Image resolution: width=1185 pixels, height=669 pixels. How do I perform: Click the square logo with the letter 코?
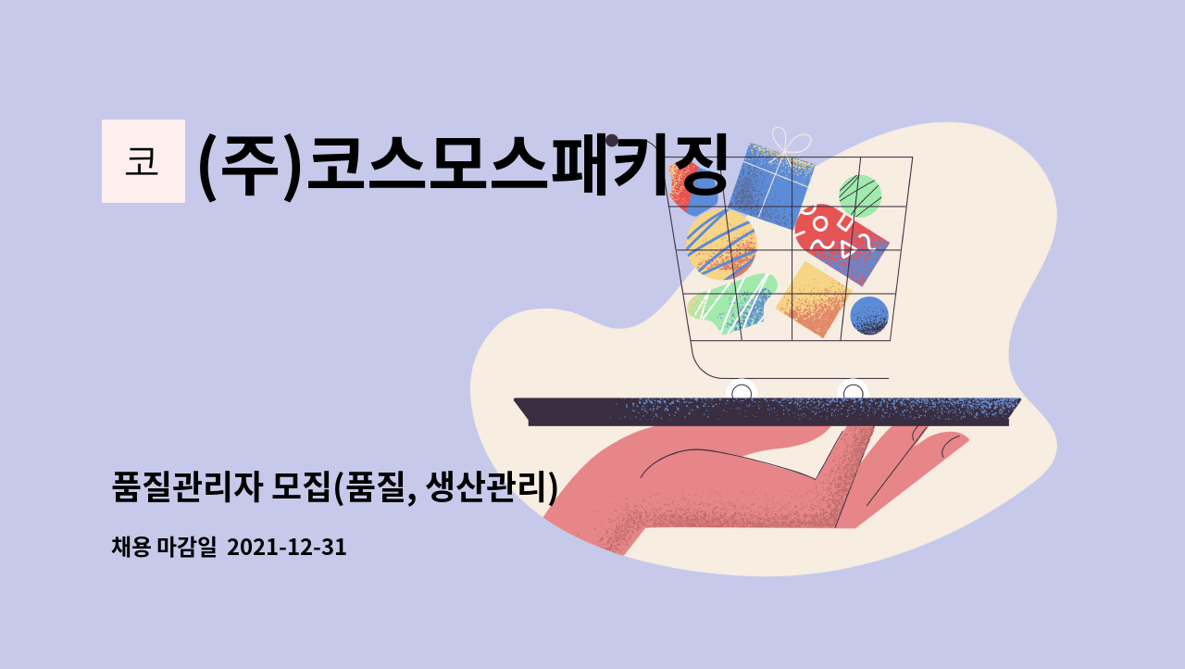coord(143,161)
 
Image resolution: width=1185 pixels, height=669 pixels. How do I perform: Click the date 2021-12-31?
coord(286,548)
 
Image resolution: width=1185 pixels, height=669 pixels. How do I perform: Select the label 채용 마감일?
coord(163,548)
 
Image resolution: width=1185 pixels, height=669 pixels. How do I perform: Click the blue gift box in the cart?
coord(770,185)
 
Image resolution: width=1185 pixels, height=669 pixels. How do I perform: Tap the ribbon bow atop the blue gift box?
coord(787,142)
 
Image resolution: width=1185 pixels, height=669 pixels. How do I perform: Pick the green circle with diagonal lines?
coord(859,196)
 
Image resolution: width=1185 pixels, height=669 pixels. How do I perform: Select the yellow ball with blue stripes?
coord(720,243)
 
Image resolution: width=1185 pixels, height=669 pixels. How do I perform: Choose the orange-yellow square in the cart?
coord(813,298)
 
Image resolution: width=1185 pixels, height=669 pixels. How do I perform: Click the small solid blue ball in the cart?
coord(868,316)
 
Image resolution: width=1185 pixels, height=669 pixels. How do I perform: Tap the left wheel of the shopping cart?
coord(742,392)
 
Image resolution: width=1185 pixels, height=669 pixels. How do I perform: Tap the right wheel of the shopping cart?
coord(853,392)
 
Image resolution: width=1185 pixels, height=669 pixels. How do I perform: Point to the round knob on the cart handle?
coord(612,141)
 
